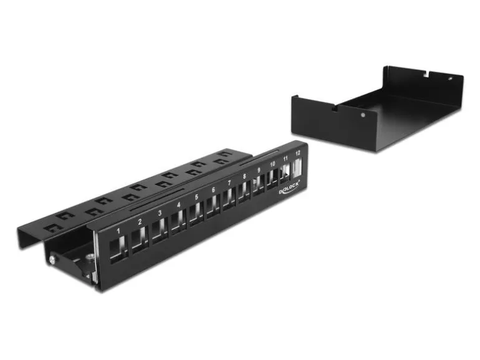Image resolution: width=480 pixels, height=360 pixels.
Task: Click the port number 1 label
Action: point(119,231)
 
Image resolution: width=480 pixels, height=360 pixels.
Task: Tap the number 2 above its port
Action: point(140,222)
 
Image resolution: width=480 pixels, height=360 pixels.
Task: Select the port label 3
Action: point(160,213)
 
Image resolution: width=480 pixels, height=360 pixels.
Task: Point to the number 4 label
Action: point(179,205)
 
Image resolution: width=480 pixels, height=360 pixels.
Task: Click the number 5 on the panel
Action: point(196,197)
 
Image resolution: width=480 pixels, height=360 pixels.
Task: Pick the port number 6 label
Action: point(213,189)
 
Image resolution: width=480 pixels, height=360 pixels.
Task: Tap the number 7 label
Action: point(229,183)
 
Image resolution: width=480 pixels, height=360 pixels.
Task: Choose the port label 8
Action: point(244,176)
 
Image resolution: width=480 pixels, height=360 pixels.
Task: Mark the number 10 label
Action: point(272,164)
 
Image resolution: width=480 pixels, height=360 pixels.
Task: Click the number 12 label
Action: point(298,153)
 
